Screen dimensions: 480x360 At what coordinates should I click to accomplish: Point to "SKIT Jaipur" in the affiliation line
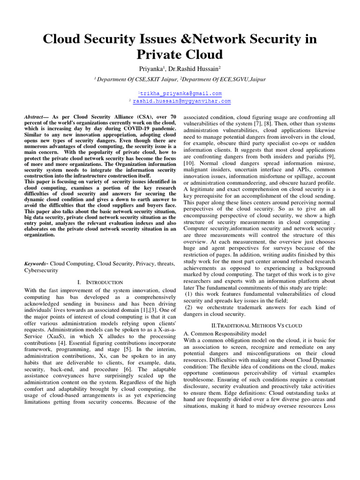[x=162, y=80]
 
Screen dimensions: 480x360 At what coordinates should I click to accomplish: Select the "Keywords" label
[x=36, y=264]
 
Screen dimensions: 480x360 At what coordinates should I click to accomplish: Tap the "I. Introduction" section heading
[x=99, y=282]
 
